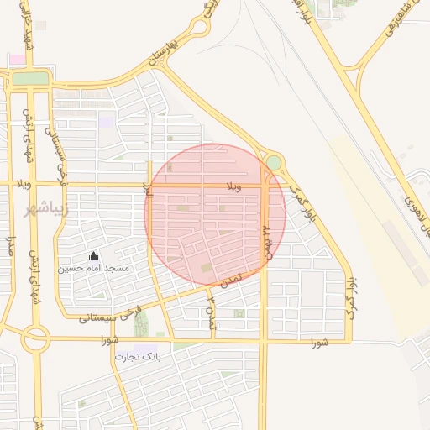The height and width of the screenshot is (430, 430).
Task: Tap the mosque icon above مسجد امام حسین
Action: (93, 256)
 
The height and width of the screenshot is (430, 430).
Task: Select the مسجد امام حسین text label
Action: (93, 269)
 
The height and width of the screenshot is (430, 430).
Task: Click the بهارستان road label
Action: (163, 51)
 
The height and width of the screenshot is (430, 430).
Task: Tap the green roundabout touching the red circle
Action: (273, 161)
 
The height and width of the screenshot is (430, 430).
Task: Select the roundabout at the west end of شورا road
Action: (35, 339)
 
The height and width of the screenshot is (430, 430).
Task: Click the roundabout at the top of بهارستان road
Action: (198, 27)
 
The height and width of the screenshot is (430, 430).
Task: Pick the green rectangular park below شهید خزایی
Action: (31, 78)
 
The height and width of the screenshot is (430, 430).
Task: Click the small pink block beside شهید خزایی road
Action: (17, 59)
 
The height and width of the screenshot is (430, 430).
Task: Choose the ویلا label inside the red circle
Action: (233, 186)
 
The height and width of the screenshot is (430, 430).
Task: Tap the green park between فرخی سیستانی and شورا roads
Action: (139, 321)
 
